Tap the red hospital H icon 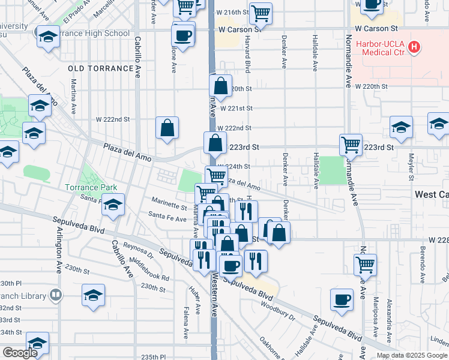(x=413, y=46)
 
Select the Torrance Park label (x=91, y=187)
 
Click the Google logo (x=20, y=353)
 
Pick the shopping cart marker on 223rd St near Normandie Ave (x=351, y=144)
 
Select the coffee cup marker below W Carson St (x=184, y=34)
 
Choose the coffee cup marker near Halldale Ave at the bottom (x=342, y=299)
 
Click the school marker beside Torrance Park (x=113, y=205)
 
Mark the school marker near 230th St (x=94, y=295)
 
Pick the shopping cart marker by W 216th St (x=261, y=13)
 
